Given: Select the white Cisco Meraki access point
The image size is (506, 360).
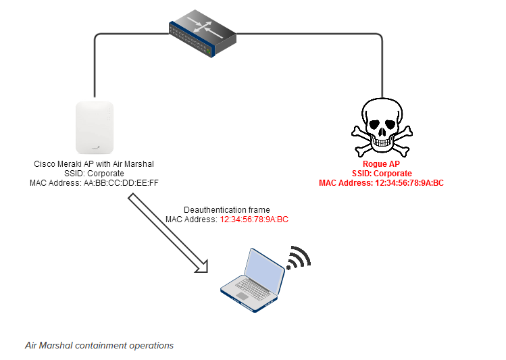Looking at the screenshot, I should (95, 128).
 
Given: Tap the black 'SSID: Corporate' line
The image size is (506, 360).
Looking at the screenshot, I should (94, 173).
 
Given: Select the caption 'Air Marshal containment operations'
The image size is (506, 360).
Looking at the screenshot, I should (99, 345).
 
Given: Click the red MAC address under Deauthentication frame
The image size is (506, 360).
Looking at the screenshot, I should (254, 220).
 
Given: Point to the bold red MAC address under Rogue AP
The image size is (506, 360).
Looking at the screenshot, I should (405, 182).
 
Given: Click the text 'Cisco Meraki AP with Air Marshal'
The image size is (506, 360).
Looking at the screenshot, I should (94, 163).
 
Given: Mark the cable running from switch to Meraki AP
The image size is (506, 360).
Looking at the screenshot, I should (95, 61).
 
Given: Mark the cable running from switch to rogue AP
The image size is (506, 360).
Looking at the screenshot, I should (382, 61).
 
